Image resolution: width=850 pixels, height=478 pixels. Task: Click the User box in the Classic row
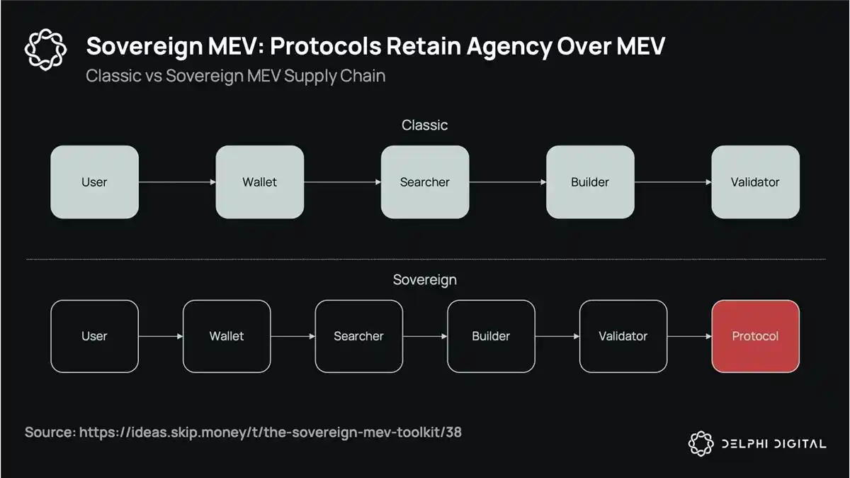pos(94,182)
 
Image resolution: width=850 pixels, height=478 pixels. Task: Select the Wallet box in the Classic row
pos(259,182)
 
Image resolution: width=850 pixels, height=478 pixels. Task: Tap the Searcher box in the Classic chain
pos(424,182)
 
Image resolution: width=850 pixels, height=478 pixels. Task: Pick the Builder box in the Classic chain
pos(589,182)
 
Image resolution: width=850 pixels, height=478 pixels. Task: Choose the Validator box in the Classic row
pos(755,182)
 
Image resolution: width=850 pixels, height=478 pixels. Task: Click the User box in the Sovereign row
pos(94,336)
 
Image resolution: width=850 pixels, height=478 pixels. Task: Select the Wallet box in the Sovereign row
pos(227,336)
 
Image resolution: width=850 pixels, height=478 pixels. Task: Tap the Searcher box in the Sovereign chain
pos(358,336)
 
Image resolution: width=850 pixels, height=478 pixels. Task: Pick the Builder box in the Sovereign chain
pos(491,336)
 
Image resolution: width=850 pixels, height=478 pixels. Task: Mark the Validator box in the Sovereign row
pos(623,336)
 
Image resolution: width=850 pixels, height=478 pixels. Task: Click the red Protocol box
pos(755,336)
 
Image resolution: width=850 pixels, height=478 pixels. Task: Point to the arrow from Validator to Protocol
pos(689,336)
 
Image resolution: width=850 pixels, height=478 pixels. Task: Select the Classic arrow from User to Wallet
pos(177,182)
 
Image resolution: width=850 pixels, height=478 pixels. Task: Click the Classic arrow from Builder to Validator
pos(672,182)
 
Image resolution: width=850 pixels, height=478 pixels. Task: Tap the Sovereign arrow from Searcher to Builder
pos(425,336)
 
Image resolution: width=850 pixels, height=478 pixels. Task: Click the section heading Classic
pos(424,126)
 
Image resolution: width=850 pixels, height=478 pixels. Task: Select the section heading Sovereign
pos(424,279)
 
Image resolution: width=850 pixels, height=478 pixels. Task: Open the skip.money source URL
pos(270,432)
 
